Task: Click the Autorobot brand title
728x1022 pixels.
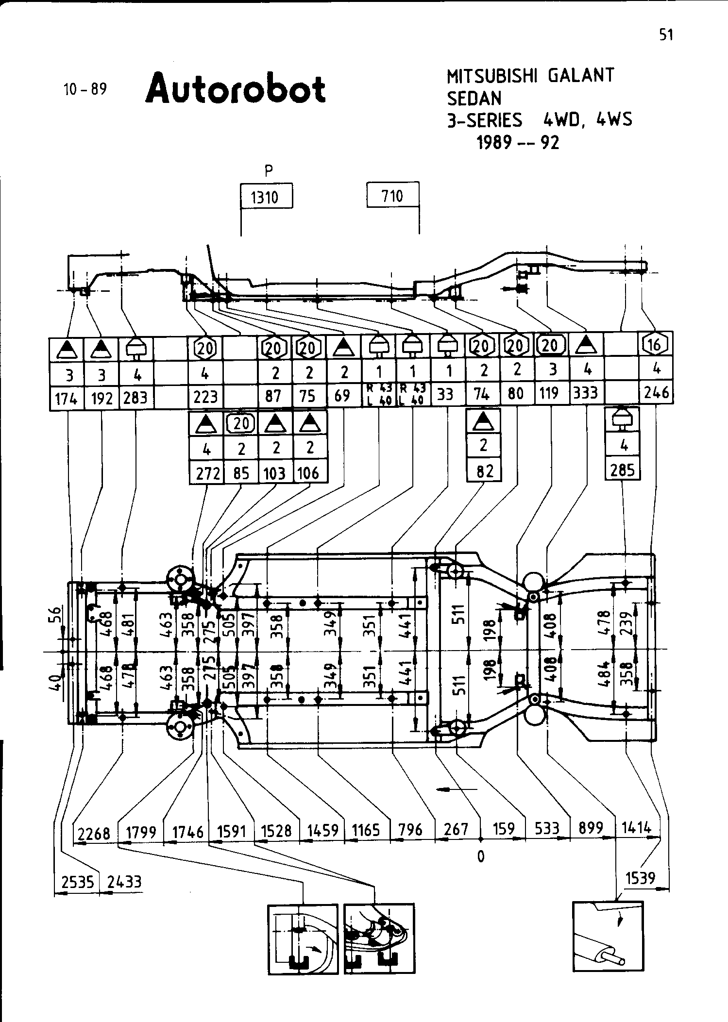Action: pos(236,89)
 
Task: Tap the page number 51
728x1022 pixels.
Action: pos(666,35)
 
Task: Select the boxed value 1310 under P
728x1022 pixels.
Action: pos(267,197)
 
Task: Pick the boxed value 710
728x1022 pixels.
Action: pos(392,196)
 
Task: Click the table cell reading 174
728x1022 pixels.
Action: pos(67,399)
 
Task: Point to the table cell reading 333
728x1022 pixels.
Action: pos(586,393)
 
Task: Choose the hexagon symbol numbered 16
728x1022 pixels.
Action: pos(655,345)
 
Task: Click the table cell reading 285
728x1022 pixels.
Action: pos(623,469)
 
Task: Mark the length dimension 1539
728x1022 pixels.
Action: pos(641,878)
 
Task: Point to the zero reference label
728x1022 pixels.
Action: pos(480,857)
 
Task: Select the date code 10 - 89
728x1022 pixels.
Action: pos(85,89)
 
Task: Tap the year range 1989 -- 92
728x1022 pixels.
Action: pos(518,142)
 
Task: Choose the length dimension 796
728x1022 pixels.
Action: pos(411,829)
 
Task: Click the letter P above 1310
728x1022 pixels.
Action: pos(268,170)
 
